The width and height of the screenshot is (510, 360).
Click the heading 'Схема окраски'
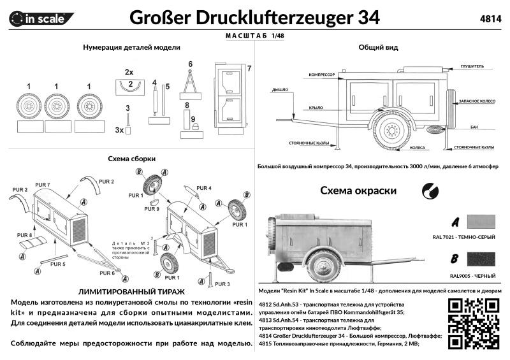tap(358, 191)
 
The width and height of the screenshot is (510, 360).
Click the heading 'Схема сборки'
tap(132, 159)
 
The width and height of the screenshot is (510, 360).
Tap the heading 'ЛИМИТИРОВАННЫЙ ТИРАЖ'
tap(131, 289)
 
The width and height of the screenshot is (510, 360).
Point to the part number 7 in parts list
tap(249, 68)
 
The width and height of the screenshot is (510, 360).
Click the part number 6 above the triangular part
tap(190, 64)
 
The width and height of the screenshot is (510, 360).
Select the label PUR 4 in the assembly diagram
tap(204, 188)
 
